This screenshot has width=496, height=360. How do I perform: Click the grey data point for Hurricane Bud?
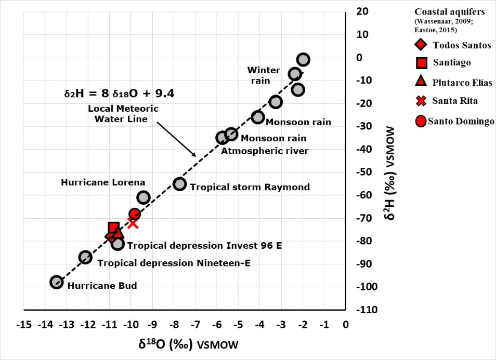(x=57, y=282)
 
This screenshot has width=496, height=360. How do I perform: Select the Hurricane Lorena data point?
(x=143, y=197)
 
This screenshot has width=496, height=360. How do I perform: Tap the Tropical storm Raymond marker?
(x=180, y=183)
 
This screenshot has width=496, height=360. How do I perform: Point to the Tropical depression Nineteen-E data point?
(x=85, y=257)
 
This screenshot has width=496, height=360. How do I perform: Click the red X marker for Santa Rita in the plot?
(x=133, y=223)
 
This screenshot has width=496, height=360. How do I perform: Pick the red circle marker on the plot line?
(x=135, y=214)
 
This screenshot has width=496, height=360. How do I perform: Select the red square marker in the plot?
(x=114, y=228)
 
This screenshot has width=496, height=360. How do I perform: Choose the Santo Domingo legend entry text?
(x=461, y=122)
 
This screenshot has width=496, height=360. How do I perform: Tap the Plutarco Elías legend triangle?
(x=422, y=82)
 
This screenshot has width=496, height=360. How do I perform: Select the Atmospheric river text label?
(x=265, y=151)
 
